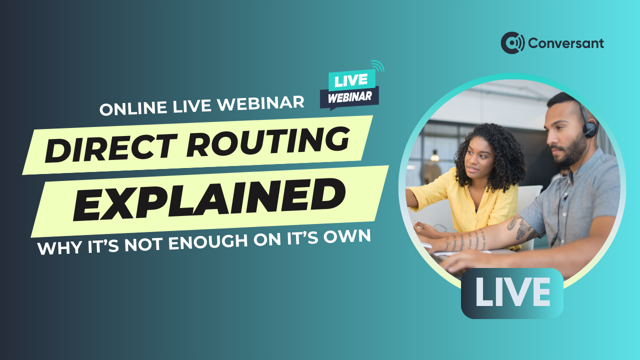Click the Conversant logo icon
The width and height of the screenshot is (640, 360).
pos(512,43)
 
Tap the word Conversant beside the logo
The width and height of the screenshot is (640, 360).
pos(566,43)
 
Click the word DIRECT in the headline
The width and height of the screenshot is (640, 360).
pos(111,148)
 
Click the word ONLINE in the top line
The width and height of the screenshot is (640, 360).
pos(133,108)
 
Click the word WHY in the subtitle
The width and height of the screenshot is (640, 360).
pos(59,248)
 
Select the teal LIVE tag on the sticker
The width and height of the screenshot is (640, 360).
pos(351,80)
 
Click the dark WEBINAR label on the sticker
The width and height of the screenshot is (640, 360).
pos(349,97)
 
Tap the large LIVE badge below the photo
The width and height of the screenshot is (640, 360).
pos(512,293)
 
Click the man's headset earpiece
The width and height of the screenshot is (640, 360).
pos(590,128)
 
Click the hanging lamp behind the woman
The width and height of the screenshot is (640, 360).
pos(434,155)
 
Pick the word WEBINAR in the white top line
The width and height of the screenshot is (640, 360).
pos(261,103)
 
